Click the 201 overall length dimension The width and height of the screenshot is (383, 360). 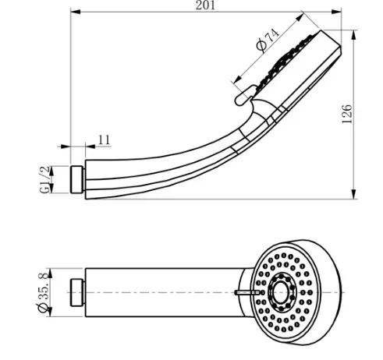(205, 5)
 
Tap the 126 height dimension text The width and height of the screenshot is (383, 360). (347, 115)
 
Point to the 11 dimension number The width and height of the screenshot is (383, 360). (105, 139)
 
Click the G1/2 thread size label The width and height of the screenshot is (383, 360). (44, 179)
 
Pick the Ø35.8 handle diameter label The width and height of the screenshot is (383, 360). (43, 292)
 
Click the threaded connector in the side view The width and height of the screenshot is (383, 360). (77, 179)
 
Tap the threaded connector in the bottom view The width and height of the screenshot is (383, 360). (77, 292)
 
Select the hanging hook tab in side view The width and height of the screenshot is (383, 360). (245, 95)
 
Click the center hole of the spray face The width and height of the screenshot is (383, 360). (281, 292)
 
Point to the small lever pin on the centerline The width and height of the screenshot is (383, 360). (247, 292)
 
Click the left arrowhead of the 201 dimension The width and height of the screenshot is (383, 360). (76, 12)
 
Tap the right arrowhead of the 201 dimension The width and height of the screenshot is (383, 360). (336, 12)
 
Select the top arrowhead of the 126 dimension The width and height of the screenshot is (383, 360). (353, 35)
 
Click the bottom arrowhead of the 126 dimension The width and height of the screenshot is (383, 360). (353, 194)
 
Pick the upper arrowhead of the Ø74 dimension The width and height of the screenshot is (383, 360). (300, 17)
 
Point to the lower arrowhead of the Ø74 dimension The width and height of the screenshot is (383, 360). (237, 79)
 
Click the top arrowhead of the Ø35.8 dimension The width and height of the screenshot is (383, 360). (50, 273)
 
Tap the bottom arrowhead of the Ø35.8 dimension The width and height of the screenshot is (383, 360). (50, 312)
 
